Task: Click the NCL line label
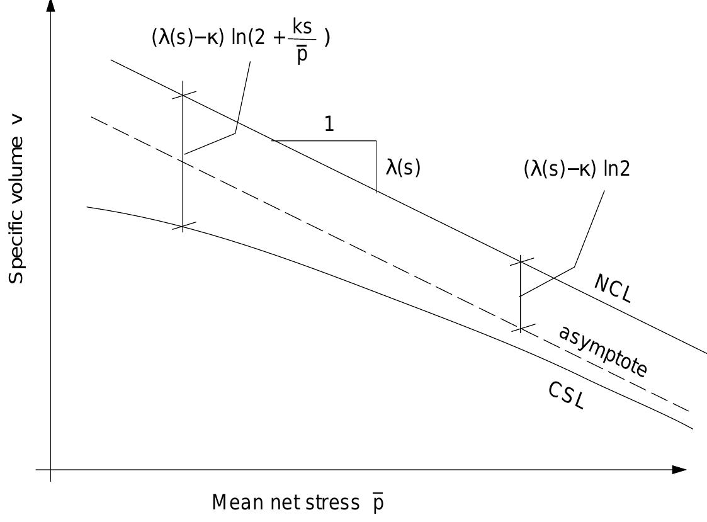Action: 612,289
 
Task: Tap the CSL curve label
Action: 566,396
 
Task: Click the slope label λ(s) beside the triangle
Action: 402,168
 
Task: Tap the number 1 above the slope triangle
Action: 329,124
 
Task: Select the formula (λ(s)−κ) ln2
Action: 576,169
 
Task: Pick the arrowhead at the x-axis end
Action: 679,470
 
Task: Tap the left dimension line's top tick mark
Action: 182,95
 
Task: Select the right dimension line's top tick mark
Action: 521,259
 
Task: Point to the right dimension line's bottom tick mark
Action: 521,327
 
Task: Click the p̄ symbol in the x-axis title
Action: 377,503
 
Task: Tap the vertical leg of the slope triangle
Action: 376,166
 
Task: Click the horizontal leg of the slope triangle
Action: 324,140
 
